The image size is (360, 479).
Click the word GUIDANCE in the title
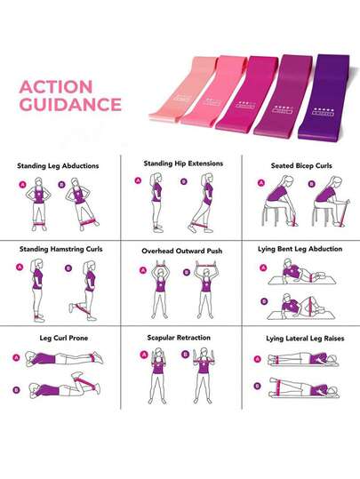pos(70,104)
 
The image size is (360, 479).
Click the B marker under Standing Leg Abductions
pos(63,187)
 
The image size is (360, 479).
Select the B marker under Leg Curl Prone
pos(17,388)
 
